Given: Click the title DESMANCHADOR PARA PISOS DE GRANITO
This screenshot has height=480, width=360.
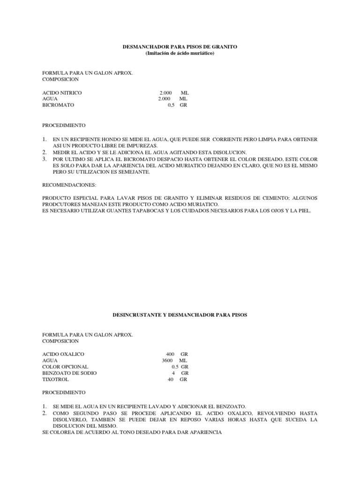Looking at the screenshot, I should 180,47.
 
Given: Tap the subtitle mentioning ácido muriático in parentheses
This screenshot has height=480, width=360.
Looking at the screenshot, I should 180,54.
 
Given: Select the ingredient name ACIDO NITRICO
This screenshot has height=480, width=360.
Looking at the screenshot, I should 62,93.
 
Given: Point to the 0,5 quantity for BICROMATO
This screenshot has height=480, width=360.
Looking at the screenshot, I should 172,105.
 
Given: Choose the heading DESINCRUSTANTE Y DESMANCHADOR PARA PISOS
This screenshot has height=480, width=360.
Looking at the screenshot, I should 180,315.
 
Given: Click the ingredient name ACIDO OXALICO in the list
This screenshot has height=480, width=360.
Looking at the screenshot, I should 63,353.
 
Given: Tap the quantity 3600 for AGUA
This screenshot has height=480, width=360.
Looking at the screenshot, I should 167,360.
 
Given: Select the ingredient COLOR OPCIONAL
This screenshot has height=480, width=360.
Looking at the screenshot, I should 65,367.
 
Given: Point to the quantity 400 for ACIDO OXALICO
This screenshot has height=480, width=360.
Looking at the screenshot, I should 170,353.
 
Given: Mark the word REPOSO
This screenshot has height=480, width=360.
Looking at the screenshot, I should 199,420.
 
